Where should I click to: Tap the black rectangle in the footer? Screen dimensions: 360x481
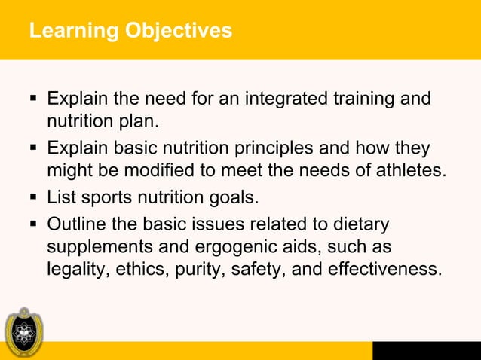(x=426, y=350)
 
